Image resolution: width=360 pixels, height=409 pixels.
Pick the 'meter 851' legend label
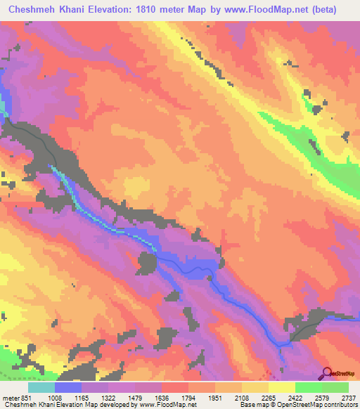coord(16,397)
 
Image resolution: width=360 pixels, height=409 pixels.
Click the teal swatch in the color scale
coord(41,387)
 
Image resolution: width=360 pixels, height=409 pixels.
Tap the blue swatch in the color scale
coord(68,387)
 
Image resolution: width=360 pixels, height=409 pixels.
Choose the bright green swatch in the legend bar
coord(308,387)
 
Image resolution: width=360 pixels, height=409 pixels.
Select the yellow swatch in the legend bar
coord(281,387)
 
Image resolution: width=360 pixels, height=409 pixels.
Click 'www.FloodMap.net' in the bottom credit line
coord(169,405)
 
